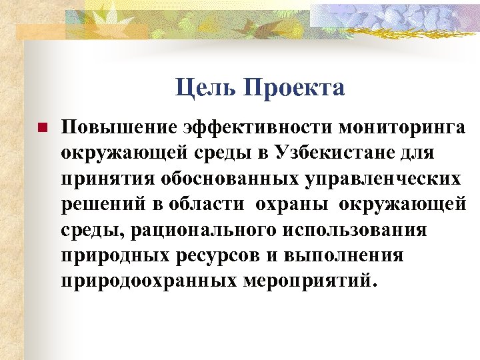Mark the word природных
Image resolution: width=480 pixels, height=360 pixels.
(x=105, y=256)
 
